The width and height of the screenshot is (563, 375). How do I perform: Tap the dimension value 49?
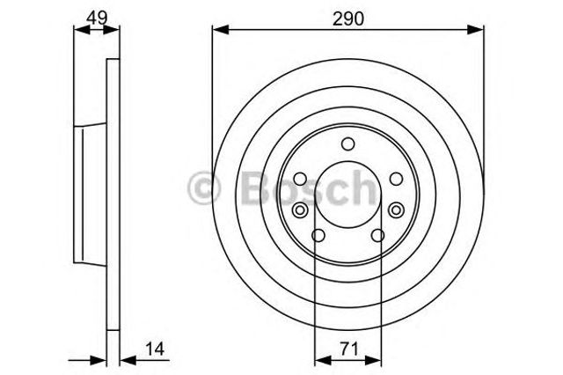pyautogui.click(x=97, y=17)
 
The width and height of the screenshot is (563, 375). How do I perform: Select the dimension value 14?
pyautogui.click(x=155, y=349)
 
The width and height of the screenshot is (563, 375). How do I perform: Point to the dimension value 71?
pyautogui.click(x=348, y=349)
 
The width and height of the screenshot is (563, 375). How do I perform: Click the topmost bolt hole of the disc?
pyautogui.click(x=347, y=144)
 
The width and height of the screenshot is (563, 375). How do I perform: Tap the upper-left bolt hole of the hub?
pyautogui.click(x=300, y=179)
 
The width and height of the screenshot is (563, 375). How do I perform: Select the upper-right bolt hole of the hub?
pyautogui.click(x=396, y=179)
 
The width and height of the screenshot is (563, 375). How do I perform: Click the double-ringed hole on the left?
pyautogui.click(x=299, y=210)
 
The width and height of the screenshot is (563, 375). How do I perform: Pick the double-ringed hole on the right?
pyautogui.click(x=396, y=210)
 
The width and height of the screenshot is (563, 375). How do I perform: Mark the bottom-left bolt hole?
pyautogui.click(x=318, y=236)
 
